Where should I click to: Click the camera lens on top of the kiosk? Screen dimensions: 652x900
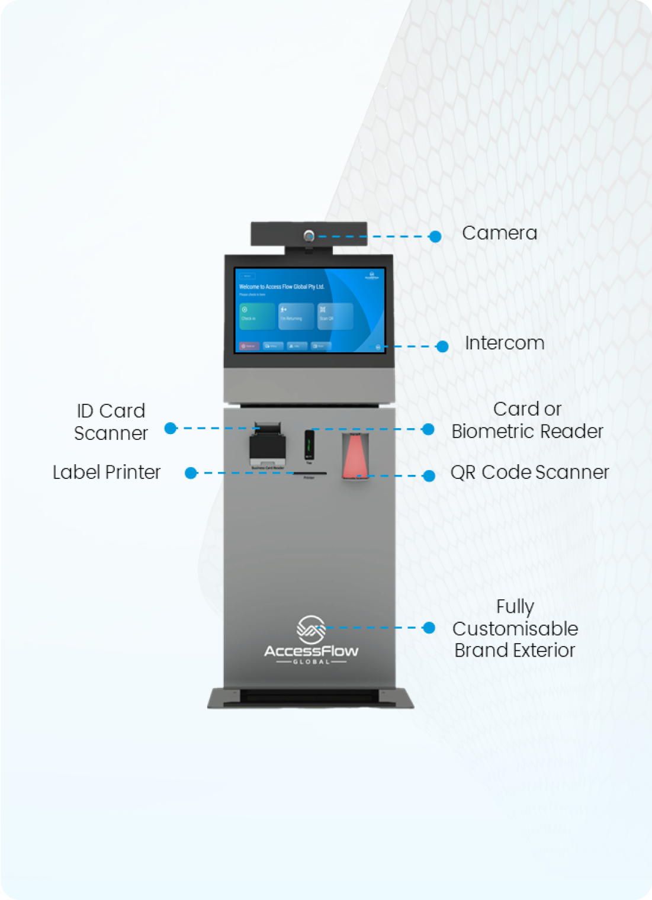click(x=309, y=236)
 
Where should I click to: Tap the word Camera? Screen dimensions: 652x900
click(x=499, y=233)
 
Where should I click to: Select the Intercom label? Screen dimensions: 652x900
click(x=504, y=343)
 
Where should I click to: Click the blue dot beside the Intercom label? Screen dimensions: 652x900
click(x=442, y=346)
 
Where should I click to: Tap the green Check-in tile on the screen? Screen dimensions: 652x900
click(x=257, y=316)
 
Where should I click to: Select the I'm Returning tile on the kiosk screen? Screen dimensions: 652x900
click(x=296, y=316)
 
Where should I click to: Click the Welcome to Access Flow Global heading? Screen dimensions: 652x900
click(x=281, y=287)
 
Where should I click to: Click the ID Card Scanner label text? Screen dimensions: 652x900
click(x=111, y=422)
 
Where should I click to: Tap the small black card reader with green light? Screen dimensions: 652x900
click(x=309, y=445)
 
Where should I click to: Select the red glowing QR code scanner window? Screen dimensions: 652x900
click(x=355, y=457)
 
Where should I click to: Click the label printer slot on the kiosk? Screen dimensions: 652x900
click(x=310, y=473)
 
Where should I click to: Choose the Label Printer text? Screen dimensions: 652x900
click(x=107, y=472)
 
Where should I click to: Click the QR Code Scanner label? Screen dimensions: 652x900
click(x=529, y=472)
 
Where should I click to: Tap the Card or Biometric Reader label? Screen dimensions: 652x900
click(x=527, y=420)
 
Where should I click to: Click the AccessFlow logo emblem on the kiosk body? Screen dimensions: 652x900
click(x=311, y=629)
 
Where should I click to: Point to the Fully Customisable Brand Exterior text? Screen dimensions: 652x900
click(x=515, y=628)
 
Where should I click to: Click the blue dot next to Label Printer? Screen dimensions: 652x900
click(x=191, y=473)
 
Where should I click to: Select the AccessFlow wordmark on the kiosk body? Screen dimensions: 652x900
click(x=311, y=651)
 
